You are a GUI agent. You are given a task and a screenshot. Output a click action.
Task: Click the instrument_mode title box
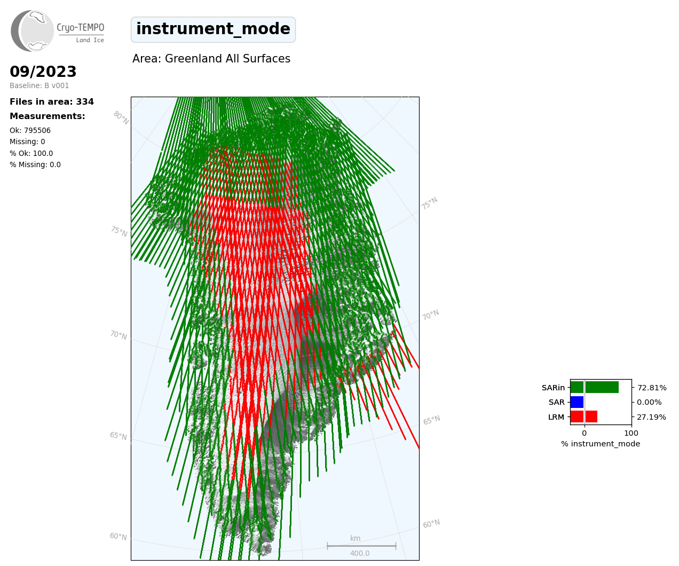click(213, 29)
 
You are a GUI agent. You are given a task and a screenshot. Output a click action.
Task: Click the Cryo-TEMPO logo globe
click(32, 30)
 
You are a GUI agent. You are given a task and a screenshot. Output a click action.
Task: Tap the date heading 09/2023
click(43, 72)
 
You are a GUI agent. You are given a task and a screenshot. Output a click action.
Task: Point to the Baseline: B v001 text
click(39, 85)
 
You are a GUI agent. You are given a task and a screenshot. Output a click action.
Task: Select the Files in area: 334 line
click(52, 102)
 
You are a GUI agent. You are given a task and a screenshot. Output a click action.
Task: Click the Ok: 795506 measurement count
click(30, 130)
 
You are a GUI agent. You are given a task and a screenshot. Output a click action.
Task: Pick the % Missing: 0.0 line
click(35, 164)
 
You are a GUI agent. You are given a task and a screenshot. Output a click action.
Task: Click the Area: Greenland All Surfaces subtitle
click(211, 59)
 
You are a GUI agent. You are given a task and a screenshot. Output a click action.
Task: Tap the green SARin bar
click(595, 387)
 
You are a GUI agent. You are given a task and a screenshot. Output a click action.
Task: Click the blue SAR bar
click(577, 402)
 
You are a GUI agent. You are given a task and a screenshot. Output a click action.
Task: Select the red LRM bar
click(584, 416)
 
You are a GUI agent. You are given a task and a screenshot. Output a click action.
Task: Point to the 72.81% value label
click(652, 388)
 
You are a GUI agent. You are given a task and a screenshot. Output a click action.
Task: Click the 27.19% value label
click(651, 417)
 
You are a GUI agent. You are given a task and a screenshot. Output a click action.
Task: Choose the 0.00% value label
click(649, 403)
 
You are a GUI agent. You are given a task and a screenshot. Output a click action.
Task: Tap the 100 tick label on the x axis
click(631, 433)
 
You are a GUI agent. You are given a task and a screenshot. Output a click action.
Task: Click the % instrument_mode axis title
click(601, 444)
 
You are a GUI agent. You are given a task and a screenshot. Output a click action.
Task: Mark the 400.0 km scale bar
click(361, 546)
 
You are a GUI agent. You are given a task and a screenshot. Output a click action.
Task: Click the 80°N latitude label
click(121, 118)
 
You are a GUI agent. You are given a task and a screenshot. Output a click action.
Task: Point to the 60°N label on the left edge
click(118, 536)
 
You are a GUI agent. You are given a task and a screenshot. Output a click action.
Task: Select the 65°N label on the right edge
click(431, 420)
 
